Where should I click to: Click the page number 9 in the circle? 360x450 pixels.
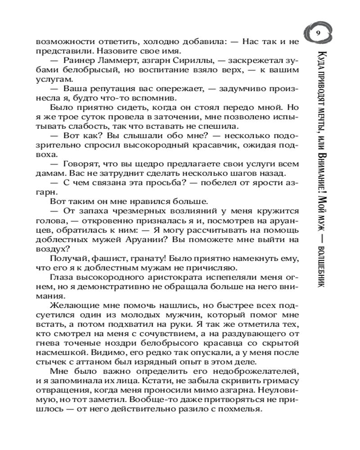point(318,33)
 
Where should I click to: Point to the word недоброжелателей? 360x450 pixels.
point(259,371)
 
